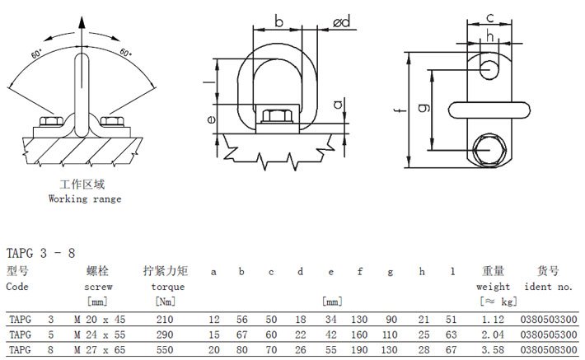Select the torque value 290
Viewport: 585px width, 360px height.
tap(166, 334)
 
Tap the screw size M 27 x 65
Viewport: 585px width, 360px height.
tap(99, 350)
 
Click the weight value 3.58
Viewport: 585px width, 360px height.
tap(494, 350)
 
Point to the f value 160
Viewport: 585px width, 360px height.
tap(360, 334)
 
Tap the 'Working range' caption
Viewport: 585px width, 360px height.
tap(85, 199)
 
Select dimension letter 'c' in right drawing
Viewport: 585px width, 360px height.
tap(489, 16)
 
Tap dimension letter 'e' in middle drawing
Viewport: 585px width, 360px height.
tap(212, 119)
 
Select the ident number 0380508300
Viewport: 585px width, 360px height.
tap(546, 350)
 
